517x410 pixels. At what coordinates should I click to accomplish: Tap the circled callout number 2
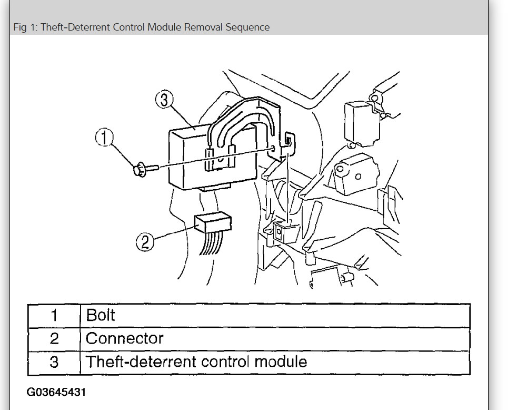(x=145, y=242)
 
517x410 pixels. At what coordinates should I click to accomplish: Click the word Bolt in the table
(x=101, y=316)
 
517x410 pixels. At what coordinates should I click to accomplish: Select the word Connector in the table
(x=125, y=338)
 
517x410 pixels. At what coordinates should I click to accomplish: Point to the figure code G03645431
(x=56, y=393)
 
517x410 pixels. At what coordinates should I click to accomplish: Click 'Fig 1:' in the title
(x=25, y=27)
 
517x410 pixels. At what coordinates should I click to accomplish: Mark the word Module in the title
(x=165, y=27)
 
